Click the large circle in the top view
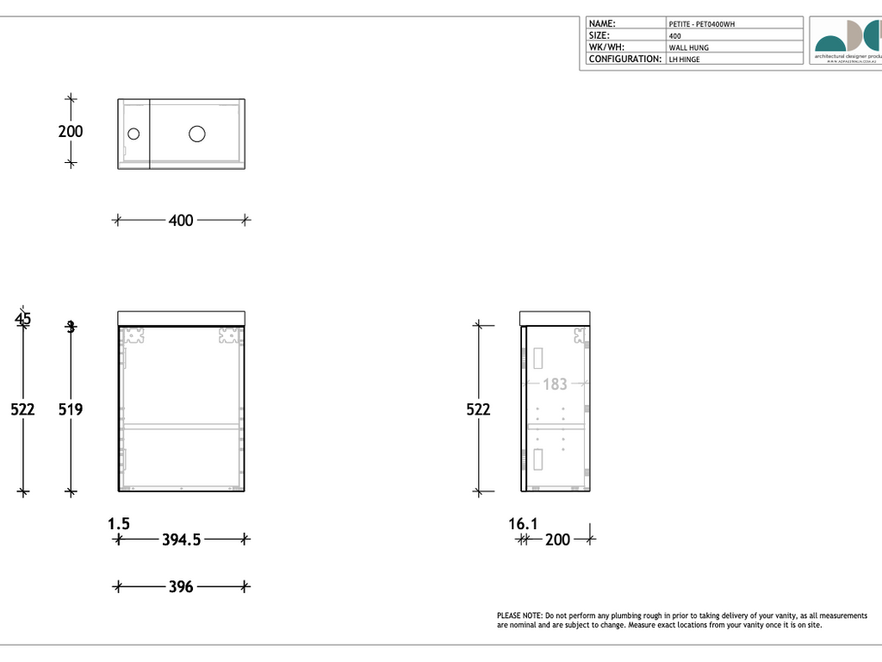197,134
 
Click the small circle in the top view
134,134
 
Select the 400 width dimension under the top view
181,221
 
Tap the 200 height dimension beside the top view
71,131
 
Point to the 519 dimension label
71,409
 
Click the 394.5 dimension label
181,540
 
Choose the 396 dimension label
181,587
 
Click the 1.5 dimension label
119,523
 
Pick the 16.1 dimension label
524,523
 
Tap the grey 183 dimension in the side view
555,384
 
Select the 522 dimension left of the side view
478,409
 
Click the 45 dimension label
22,319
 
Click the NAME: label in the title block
602,23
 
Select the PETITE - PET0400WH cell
702,24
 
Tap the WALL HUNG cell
689,47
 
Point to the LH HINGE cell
685,59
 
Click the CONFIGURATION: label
624,59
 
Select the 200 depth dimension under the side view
558,540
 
